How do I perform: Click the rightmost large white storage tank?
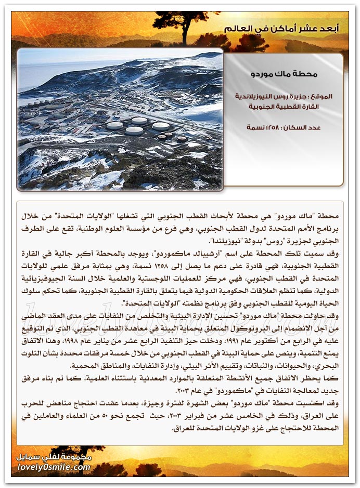tap(161, 126)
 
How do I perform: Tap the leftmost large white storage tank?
tap(114, 125)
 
